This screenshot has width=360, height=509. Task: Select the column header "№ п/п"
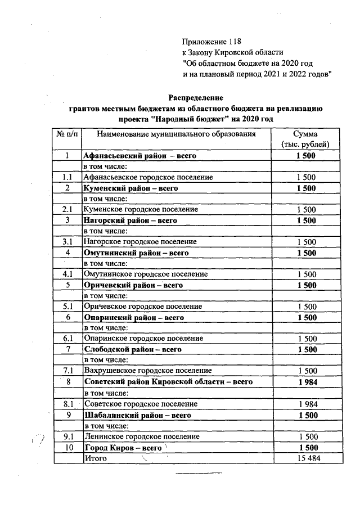click(67, 134)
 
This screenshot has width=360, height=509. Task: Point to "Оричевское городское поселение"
click(142, 307)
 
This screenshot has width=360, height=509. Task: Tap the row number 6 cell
click(67, 317)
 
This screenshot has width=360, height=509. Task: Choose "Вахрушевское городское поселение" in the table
click(147, 371)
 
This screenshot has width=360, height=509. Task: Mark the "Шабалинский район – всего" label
click(137, 415)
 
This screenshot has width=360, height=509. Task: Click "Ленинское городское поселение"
click(141, 436)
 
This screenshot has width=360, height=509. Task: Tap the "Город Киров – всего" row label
click(123, 448)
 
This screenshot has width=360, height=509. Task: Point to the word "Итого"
click(95, 458)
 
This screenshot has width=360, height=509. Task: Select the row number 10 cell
click(67, 448)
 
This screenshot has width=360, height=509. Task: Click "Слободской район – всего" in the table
click(132, 349)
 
